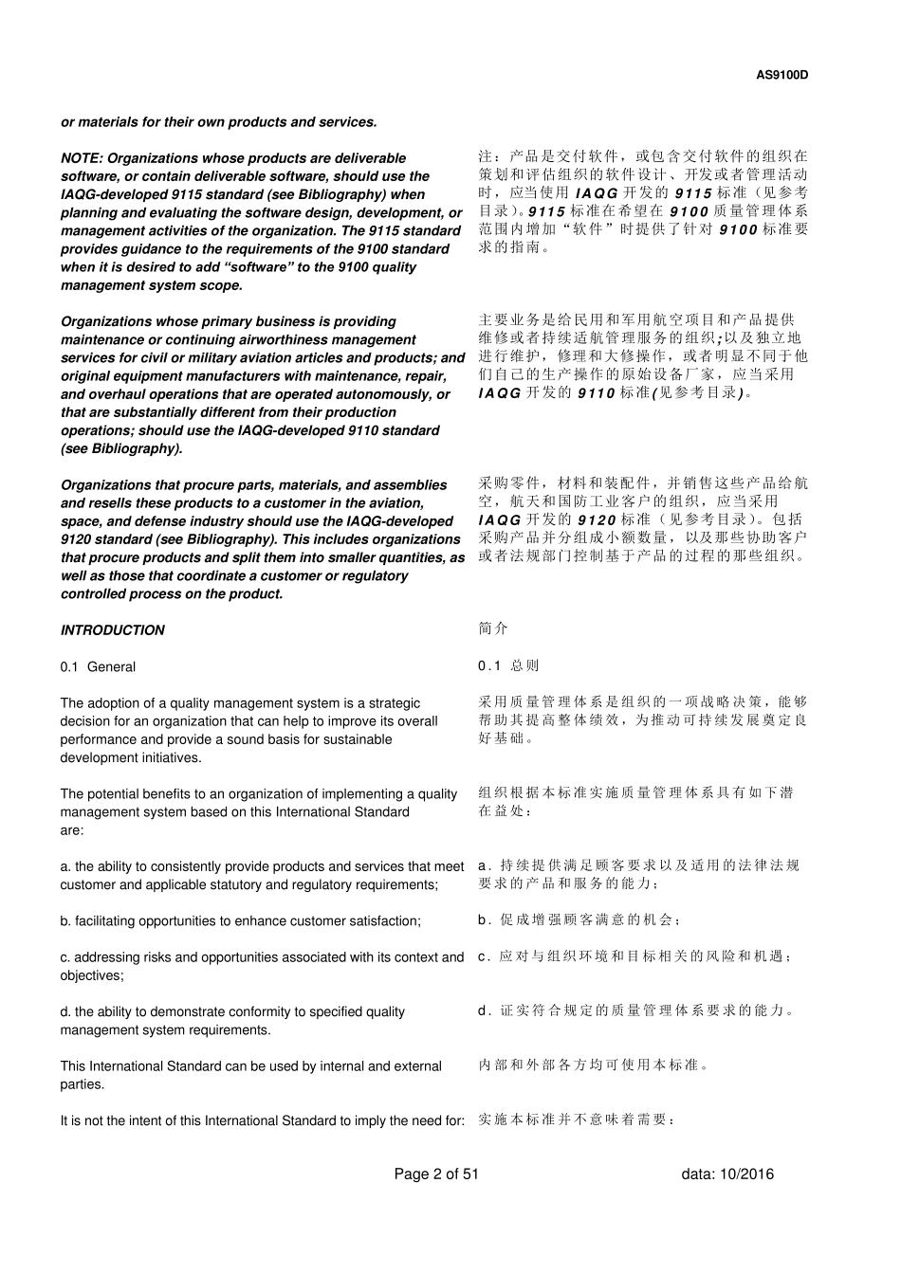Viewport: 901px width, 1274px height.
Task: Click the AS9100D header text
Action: pyautogui.click(x=782, y=76)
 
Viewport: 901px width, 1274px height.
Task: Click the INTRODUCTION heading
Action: pyautogui.click(x=112, y=630)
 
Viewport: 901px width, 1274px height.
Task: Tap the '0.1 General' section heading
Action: pyautogui.click(x=98, y=667)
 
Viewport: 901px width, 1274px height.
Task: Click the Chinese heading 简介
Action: pyautogui.click(x=493, y=628)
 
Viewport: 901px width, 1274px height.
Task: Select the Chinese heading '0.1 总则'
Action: pyautogui.click(x=508, y=666)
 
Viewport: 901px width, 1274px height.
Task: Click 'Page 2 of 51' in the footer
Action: pyautogui.click(x=436, y=1174)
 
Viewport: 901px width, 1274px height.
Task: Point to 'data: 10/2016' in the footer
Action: pyautogui.click(x=727, y=1174)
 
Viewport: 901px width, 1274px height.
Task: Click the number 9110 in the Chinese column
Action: pyautogui.click(x=597, y=392)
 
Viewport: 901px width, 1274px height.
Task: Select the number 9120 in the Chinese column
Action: pyautogui.click(x=597, y=519)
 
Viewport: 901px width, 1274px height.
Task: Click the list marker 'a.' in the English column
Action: pyautogui.click(x=65, y=866)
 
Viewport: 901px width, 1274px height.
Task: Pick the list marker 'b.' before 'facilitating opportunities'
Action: pyautogui.click(x=65, y=921)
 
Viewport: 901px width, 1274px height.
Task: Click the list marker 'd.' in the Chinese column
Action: pyautogui.click(x=485, y=1010)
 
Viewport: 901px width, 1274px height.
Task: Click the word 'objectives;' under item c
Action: pyautogui.click(x=92, y=975)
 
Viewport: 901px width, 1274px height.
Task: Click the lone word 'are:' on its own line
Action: pyautogui.click(x=72, y=830)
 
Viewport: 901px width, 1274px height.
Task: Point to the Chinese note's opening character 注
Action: pyautogui.click(x=486, y=156)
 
